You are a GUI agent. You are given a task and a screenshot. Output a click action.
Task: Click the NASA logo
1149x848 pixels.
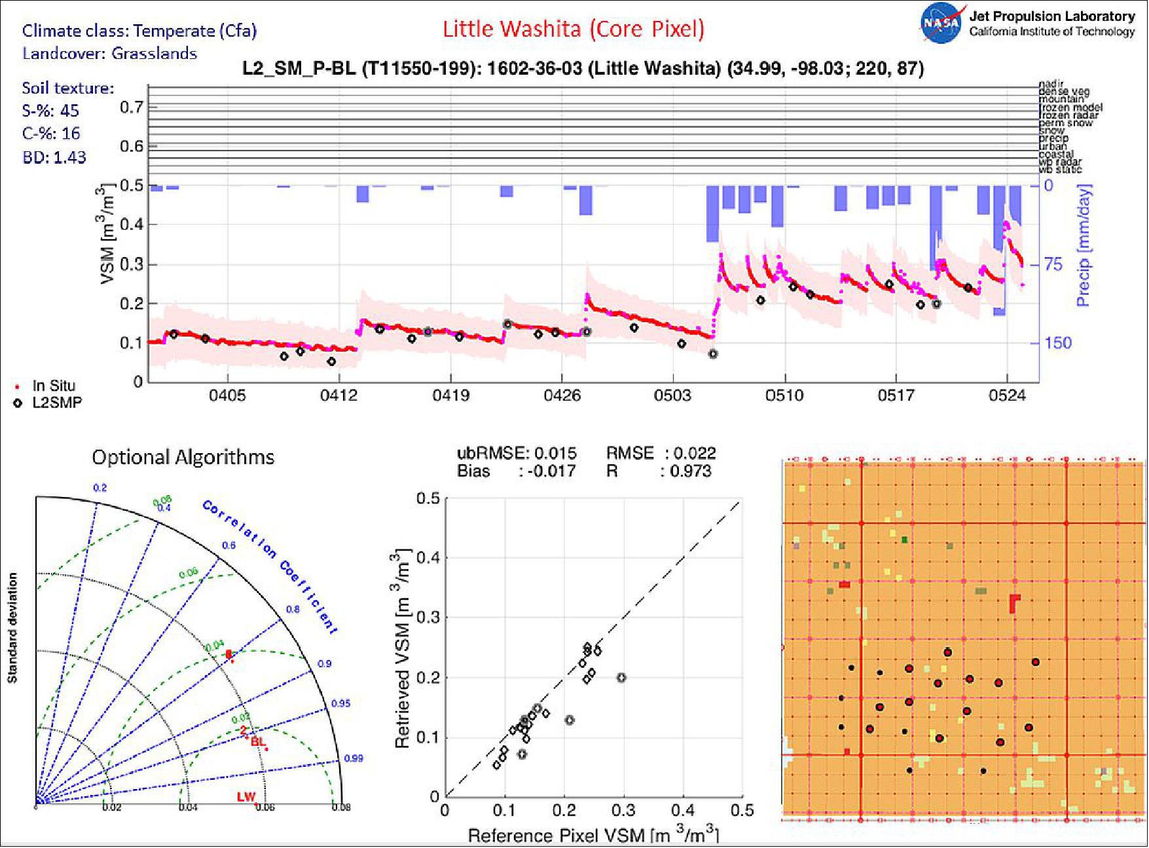pyautogui.click(x=941, y=23)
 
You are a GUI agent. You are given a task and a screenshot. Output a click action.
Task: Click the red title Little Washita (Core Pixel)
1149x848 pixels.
pyautogui.click(x=573, y=29)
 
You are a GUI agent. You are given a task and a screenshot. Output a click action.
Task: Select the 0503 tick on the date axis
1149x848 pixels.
pyautogui.click(x=672, y=396)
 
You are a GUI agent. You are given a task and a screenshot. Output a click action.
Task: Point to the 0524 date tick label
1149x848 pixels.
pyautogui.click(x=1007, y=396)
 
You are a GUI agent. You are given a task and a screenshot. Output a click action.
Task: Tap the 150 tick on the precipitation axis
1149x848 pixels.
pyautogui.click(x=1058, y=342)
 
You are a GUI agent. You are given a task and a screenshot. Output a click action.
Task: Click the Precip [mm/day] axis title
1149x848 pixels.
pyautogui.click(x=1083, y=246)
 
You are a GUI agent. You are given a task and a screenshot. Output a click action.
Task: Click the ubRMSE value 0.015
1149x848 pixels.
pyautogui.click(x=555, y=453)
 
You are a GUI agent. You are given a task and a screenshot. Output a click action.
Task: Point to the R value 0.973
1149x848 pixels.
pyautogui.click(x=690, y=471)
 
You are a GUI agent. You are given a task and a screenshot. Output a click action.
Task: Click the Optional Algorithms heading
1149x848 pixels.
pyautogui.click(x=183, y=457)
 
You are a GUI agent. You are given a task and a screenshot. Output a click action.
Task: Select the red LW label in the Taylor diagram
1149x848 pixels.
pyautogui.click(x=246, y=797)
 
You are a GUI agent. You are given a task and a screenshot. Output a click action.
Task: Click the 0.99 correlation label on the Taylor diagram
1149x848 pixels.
pyautogui.click(x=354, y=758)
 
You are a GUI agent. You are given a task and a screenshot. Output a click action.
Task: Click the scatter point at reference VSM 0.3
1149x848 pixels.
pyautogui.click(x=621, y=678)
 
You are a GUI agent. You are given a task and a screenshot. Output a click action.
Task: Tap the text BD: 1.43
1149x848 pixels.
pyautogui.click(x=54, y=157)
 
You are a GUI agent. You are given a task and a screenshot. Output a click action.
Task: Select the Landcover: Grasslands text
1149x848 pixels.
pyautogui.click(x=109, y=54)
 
